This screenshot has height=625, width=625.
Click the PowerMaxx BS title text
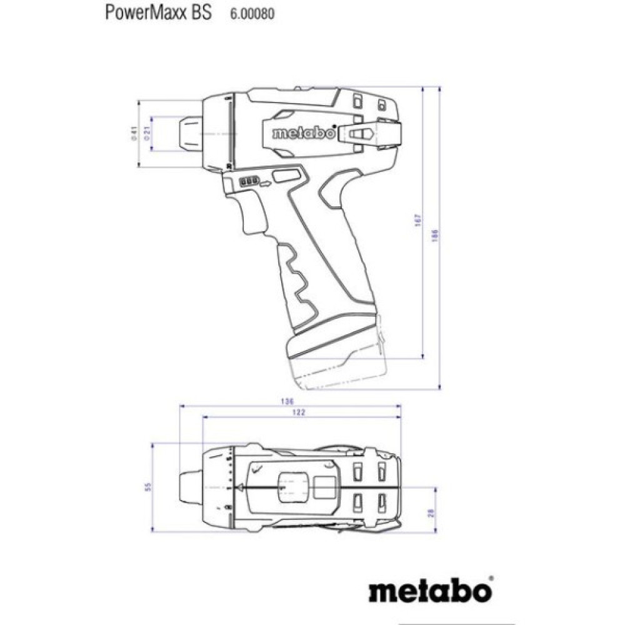(158, 13)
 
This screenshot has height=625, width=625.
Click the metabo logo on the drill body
(299, 132)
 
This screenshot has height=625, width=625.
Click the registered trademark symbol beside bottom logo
(491, 578)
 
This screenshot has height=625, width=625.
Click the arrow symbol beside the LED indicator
(267, 183)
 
